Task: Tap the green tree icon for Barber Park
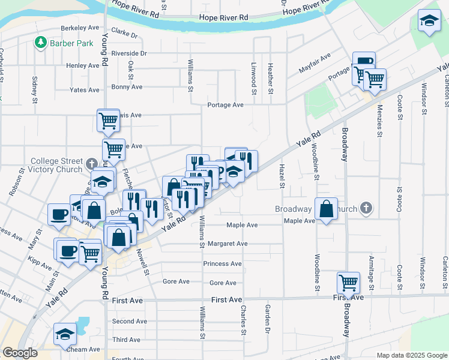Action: (x=40, y=43)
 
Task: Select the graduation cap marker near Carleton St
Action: (x=429, y=22)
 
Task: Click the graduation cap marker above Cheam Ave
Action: (x=65, y=335)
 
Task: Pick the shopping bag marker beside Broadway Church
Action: (x=326, y=209)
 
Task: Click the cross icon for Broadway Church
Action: (x=366, y=209)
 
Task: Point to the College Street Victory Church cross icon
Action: (x=91, y=164)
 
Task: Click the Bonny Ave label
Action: (x=127, y=87)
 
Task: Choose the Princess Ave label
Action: (x=222, y=263)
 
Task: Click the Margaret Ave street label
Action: (x=228, y=244)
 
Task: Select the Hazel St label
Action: (x=281, y=176)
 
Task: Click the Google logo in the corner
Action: (x=20, y=353)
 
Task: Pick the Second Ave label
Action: (x=129, y=322)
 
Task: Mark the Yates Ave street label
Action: (x=84, y=90)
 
